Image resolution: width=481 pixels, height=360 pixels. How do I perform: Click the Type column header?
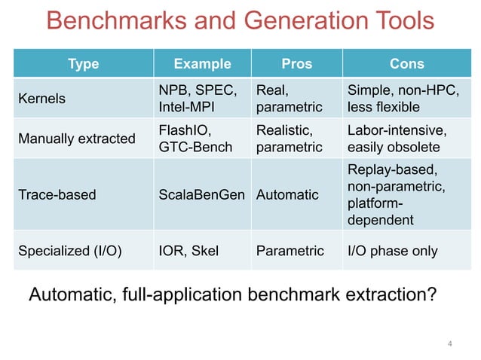[x=83, y=64]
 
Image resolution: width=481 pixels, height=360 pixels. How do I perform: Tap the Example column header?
[x=202, y=64]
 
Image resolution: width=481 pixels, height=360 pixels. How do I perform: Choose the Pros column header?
[x=296, y=64]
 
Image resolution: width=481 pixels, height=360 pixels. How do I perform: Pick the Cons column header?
[x=406, y=64]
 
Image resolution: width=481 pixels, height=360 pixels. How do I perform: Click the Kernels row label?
[x=41, y=99]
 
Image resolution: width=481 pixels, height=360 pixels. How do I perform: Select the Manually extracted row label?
[x=76, y=139]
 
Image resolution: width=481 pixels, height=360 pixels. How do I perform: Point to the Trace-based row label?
[x=57, y=195]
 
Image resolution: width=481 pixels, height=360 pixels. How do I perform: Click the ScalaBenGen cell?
[x=201, y=195]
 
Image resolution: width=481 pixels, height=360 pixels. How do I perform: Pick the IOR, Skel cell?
[x=188, y=251]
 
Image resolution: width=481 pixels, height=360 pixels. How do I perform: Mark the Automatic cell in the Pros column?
[x=287, y=195]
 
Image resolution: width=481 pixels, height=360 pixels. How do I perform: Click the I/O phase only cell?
[x=392, y=251]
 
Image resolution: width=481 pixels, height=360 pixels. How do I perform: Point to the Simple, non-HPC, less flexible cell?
[x=402, y=99]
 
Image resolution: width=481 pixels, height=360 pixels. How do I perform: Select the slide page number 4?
[x=450, y=344]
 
